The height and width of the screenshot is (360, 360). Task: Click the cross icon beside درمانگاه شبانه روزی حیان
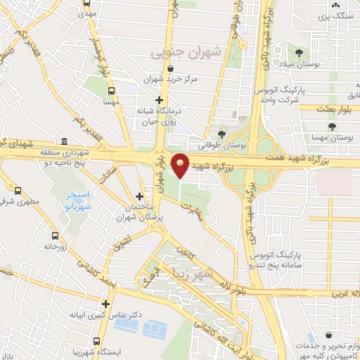(160, 101)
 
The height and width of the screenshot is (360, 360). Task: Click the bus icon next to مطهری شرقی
(18, 190)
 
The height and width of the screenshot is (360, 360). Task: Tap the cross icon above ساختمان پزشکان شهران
(139, 196)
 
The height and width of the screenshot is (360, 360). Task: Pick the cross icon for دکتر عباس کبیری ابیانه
(106, 304)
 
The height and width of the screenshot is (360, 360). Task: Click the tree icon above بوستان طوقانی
(222, 134)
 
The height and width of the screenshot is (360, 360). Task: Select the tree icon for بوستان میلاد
(301, 52)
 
